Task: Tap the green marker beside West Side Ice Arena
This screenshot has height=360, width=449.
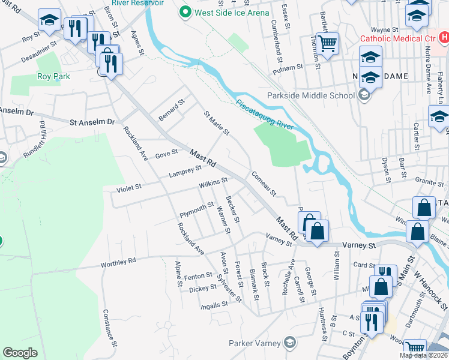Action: (185, 11)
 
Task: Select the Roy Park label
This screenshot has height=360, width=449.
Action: (53, 76)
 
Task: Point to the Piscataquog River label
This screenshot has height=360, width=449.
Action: (264, 109)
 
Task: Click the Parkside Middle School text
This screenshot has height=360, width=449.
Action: (313, 95)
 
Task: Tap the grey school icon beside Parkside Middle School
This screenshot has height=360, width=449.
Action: (363, 95)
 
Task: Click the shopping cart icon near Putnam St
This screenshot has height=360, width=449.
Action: (327, 43)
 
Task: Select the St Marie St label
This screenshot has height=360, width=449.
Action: (216, 122)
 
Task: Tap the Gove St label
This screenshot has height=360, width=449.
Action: (166, 153)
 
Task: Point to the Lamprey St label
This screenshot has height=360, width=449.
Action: (184, 172)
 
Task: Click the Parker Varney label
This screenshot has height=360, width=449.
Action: (255, 343)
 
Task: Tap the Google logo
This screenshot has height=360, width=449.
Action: (20, 353)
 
